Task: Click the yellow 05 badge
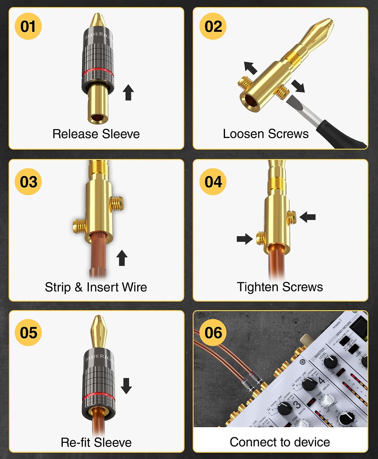pyautogui.click(x=28, y=333)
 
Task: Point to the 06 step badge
pyautogui.click(x=213, y=333)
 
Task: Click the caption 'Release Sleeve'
pyautogui.click(x=96, y=134)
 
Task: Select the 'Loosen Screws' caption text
pyautogui.click(x=265, y=134)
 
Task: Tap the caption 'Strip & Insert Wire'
pyautogui.click(x=96, y=287)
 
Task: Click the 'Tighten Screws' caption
pyautogui.click(x=280, y=287)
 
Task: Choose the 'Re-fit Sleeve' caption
pyautogui.click(x=96, y=442)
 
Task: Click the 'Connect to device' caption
pyautogui.click(x=280, y=442)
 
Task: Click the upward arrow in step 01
pyautogui.click(x=128, y=92)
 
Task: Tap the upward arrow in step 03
pyautogui.click(x=122, y=258)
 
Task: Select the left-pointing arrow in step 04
pyautogui.click(x=308, y=217)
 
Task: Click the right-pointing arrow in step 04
pyautogui.click(x=244, y=239)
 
